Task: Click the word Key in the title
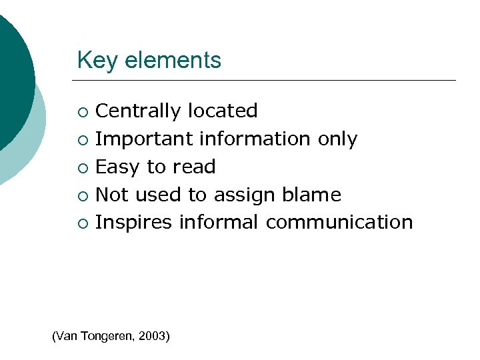92,61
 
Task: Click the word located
223,111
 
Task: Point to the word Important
136,139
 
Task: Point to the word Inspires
133,223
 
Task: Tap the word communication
339,222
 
